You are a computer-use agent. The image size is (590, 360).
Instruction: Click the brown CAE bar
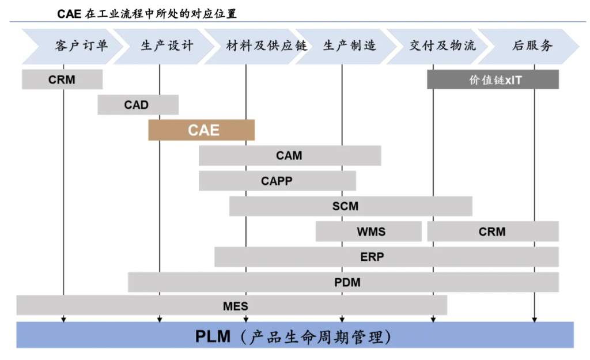coord(202,130)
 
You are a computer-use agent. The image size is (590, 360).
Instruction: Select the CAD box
coord(137,105)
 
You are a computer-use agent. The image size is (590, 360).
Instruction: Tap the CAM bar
coord(289,156)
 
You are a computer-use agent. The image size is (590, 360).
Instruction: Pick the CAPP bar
coord(277,181)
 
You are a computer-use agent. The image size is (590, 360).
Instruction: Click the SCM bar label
coord(345,206)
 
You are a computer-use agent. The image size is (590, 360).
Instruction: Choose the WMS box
coord(369,232)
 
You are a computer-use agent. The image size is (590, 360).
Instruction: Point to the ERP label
coord(372,257)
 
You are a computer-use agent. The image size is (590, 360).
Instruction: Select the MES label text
coord(236,305)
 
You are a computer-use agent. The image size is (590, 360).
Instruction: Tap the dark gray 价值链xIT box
coord(493,79)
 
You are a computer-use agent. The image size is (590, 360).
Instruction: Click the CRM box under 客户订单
coord(62,79)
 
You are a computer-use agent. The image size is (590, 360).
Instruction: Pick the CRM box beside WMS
coord(493,232)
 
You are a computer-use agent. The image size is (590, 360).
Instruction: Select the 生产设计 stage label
coord(167,46)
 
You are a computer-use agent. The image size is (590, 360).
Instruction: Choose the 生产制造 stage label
coord(350,46)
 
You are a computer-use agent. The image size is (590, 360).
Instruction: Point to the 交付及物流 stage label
coord(442,46)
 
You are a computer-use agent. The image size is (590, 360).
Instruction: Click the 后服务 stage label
coord(532,46)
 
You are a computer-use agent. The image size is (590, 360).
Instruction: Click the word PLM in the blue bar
coord(213,336)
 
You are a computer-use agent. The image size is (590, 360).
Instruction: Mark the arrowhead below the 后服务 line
coord(535,319)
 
